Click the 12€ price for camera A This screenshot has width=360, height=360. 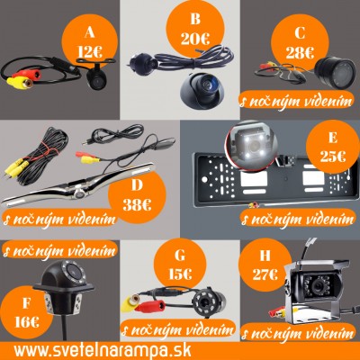coord(90,52)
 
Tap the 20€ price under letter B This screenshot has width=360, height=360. coord(195,39)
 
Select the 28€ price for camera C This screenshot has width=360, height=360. coord(300,53)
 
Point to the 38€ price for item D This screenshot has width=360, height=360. coord(137,205)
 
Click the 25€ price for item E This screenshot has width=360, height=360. coord(333,156)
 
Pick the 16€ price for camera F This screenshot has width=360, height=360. coord(27,322)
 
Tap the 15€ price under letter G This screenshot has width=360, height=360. coord(180,274)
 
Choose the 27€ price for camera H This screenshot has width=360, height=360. coord(265,274)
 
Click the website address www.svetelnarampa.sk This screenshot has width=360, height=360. coord(103,350)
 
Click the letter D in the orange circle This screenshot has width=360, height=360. coord(137,185)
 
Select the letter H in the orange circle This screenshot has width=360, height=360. coord(265,256)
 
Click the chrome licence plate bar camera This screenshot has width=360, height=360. coord(79,187)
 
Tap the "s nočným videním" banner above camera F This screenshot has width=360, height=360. coord(59,250)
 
